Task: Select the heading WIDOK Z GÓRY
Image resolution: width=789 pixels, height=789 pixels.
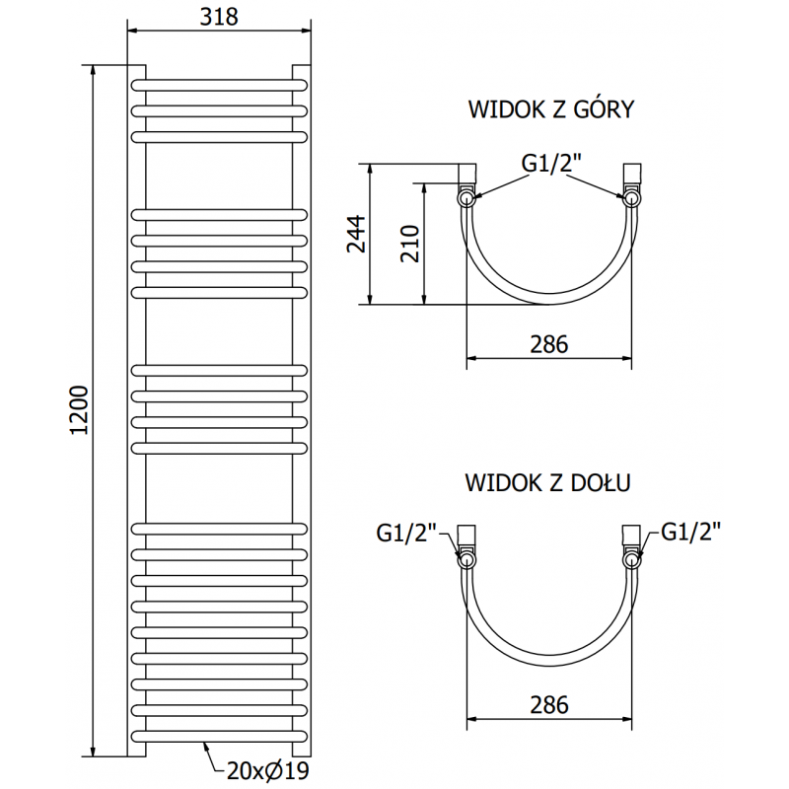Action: (550, 109)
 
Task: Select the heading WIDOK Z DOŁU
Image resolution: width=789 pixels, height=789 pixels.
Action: (547, 483)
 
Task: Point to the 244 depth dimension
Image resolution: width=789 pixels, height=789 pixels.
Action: (358, 234)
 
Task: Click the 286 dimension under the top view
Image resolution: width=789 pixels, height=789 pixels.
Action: (548, 345)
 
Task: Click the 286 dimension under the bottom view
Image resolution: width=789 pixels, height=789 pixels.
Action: (548, 705)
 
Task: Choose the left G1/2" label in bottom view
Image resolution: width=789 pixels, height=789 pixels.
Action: (406, 534)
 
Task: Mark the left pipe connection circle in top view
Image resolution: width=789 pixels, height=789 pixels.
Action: (466, 198)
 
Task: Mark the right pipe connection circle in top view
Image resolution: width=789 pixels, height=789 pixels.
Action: (630, 198)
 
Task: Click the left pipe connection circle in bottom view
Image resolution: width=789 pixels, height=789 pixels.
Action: (466, 558)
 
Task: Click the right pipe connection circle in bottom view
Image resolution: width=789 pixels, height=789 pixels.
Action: (630, 558)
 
